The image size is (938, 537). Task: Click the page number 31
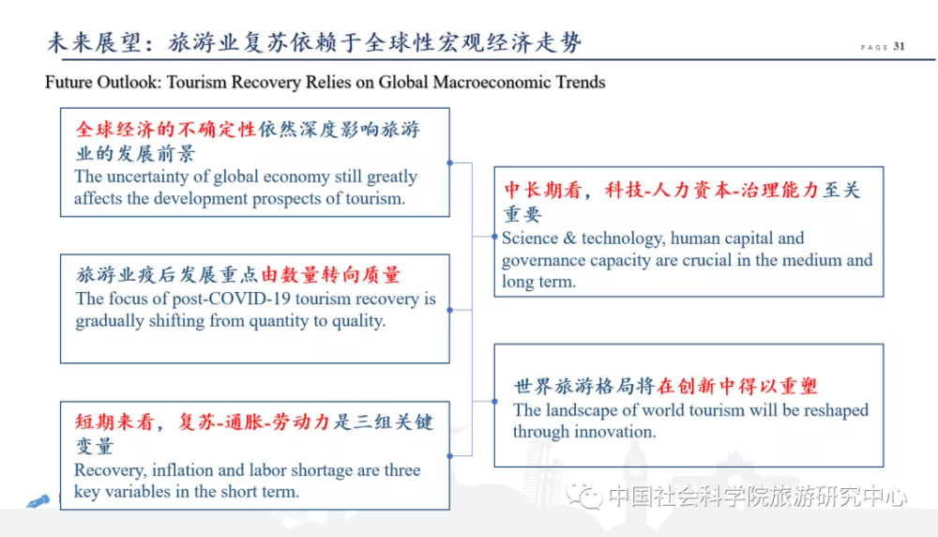click(900, 46)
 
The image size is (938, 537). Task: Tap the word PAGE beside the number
click(874, 47)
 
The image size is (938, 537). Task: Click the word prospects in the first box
click(286, 199)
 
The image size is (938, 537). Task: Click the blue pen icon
click(38, 501)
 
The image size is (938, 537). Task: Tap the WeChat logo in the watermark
click(583, 497)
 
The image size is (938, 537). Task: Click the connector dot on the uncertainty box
click(450, 162)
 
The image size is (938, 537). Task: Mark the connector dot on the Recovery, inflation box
click(450, 456)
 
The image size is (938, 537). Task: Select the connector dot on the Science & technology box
click(494, 238)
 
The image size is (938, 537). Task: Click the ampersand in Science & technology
click(570, 238)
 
